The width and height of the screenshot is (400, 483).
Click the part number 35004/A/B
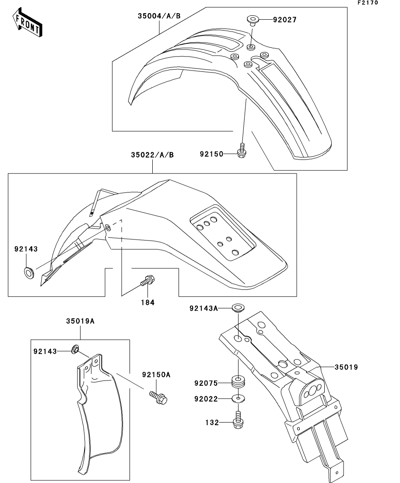coord(159,17)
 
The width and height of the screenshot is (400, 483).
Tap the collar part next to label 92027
coord(253,20)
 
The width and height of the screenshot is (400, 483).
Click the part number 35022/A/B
coord(152,155)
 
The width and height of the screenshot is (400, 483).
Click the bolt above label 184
coord(147,281)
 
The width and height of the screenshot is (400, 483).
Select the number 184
coord(147,302)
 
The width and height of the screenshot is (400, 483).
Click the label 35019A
coord(81,321)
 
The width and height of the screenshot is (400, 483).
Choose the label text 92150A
coord(156,375)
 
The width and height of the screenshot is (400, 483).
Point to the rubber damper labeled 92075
coord(239,382)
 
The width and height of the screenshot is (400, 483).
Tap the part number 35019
coord(347,367)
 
